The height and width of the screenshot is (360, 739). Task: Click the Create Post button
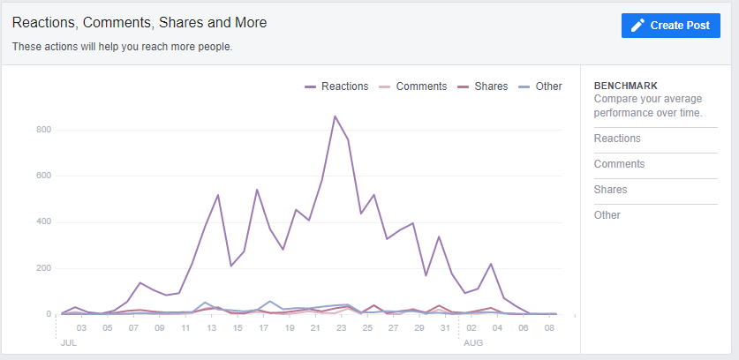pos(671,26)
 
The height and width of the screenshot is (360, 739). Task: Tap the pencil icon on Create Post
pos(638,26)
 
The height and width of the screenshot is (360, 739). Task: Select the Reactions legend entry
pos(344,86)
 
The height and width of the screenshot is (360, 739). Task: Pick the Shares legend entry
pos(490,86)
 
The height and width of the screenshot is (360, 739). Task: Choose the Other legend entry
pos(547,86)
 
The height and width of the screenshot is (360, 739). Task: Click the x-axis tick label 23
pos(342,327)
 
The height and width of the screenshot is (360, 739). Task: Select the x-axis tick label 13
pos(212,327)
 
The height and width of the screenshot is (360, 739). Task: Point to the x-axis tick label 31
pos(445,327)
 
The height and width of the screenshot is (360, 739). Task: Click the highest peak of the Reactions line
pos(335,116)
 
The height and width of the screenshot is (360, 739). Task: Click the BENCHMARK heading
pos(626,86)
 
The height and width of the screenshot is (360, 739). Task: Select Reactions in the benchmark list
pos(617,139)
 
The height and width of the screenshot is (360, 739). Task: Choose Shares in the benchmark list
pos(610,190)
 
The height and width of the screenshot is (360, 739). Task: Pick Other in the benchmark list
pos(607,215)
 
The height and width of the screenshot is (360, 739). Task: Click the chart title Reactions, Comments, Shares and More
pos(140,22)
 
